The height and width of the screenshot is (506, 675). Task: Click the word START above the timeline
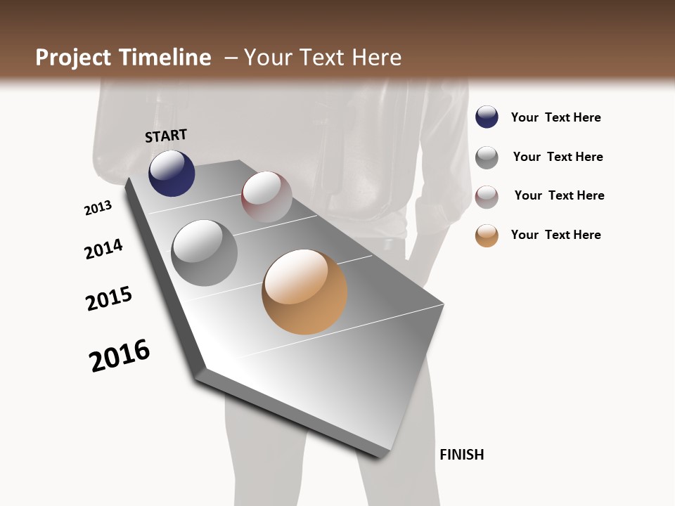(x=166, y=136)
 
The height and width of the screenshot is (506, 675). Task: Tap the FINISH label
(x=461, y=455)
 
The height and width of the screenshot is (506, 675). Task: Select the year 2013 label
(x=98, y=208)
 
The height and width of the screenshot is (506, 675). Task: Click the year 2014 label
(x=103, y=249)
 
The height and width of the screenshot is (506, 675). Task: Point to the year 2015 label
(x=109, y=299)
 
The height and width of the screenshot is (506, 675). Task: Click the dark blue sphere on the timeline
(x=172, y=173)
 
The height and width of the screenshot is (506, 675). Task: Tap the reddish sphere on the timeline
(x=266, y=197)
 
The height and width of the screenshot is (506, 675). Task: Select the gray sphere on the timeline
(x=204, y=253)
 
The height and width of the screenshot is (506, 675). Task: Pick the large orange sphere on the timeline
(x=304, y=292)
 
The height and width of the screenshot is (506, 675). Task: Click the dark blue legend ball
(x=487, y=117)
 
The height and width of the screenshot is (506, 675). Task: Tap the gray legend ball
(x=487, y=157)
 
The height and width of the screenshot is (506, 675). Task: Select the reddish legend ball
(x=487, y=197)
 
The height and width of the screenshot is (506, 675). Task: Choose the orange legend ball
(x=487, y=235)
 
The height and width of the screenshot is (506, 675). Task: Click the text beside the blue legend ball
(x=555, y=118)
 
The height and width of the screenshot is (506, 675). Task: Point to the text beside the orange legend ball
(x=555, y=235)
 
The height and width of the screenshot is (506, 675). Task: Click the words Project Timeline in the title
(x=123, y=58)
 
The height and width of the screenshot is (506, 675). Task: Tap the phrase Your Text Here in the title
(x=322, y=58)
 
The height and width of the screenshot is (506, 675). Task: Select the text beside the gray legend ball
(x=558, y=157)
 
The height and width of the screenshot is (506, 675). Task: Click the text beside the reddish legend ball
(x=559, y=195)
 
